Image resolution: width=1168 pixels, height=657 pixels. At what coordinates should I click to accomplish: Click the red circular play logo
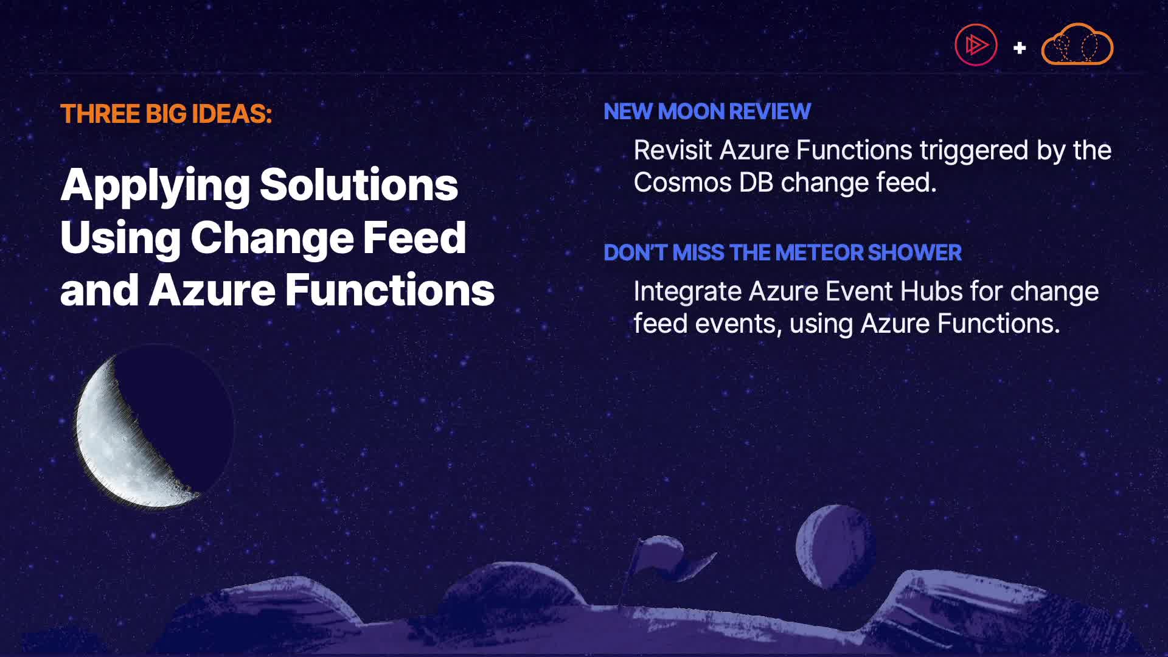tap(976, 44)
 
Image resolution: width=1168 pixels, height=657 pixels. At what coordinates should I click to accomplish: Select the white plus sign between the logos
tap(1020, 47)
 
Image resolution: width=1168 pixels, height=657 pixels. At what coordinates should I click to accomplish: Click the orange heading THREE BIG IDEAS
tap(166, 114)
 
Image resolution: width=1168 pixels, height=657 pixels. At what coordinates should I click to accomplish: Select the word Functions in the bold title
tap(390, 290)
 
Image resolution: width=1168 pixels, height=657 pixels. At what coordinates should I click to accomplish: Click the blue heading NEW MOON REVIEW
tap(707, 111)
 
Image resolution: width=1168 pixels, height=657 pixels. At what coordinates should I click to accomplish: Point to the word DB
tap(756, 182)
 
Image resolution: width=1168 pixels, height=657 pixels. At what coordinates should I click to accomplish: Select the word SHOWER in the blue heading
tap(915, 252)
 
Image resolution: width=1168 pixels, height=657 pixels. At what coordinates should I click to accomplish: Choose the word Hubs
tap(931, 291)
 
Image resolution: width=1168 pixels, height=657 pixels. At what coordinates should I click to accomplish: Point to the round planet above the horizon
tap(835, 546)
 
